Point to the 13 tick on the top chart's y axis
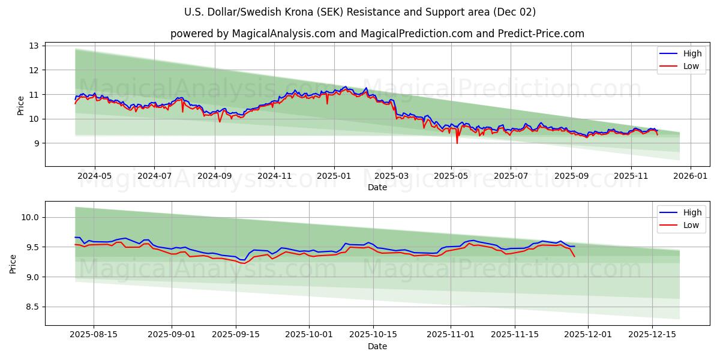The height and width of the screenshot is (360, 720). click(34, 46)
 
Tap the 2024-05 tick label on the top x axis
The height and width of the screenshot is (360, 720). click(94, 176)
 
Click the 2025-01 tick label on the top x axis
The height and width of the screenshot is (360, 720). click(334, 176)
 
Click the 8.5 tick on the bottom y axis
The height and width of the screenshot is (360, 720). click(31, 307)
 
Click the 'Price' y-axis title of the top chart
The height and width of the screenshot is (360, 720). click(21, 106)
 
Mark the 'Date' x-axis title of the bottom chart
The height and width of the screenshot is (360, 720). click(377, 346)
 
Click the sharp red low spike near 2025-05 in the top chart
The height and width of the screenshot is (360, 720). click(457, 143)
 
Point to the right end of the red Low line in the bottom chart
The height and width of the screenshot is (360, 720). click(574, 257)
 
